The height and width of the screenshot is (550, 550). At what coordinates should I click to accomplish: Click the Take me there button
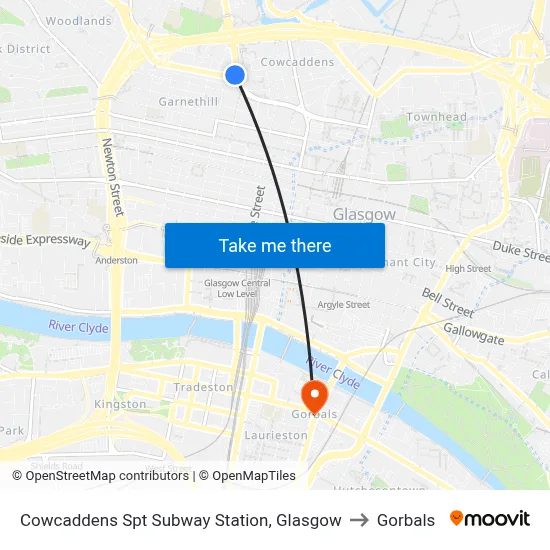coord(275,245)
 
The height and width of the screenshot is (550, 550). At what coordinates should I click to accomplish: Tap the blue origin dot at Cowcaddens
coord(235,74)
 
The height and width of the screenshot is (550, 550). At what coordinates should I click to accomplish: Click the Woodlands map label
coord(78,21)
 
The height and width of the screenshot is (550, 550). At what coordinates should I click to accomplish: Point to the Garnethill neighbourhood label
coord(188,102)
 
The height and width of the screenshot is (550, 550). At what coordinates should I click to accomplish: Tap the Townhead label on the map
coord(436,117)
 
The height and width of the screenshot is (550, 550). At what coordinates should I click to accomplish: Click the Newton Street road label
coord(111,177)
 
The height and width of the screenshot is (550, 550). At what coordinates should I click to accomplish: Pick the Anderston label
coord(116,260)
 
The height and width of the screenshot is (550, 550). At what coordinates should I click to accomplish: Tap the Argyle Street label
coord(343,305)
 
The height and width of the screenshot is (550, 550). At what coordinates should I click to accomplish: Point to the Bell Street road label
coord(447,301)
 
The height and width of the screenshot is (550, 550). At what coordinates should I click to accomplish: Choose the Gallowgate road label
coord(473,334)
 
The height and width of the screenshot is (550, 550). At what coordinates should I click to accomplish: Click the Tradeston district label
coord(203,387)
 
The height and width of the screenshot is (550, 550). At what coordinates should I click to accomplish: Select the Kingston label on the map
coord(120,404)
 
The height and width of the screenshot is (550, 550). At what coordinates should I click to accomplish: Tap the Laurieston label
coord(276,436)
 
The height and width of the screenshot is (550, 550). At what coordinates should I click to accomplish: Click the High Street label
coord(468,269)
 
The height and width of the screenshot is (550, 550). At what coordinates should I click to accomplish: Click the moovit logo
coord(490,519)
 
